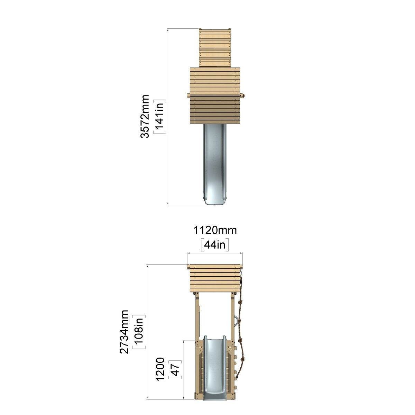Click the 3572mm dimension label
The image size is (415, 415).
coord(145,116)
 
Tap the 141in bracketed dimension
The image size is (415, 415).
coord(159,117)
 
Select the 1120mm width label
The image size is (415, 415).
coord(215,230)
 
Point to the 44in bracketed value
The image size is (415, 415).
coord(215,245)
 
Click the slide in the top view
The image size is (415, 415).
coord(215,164)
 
